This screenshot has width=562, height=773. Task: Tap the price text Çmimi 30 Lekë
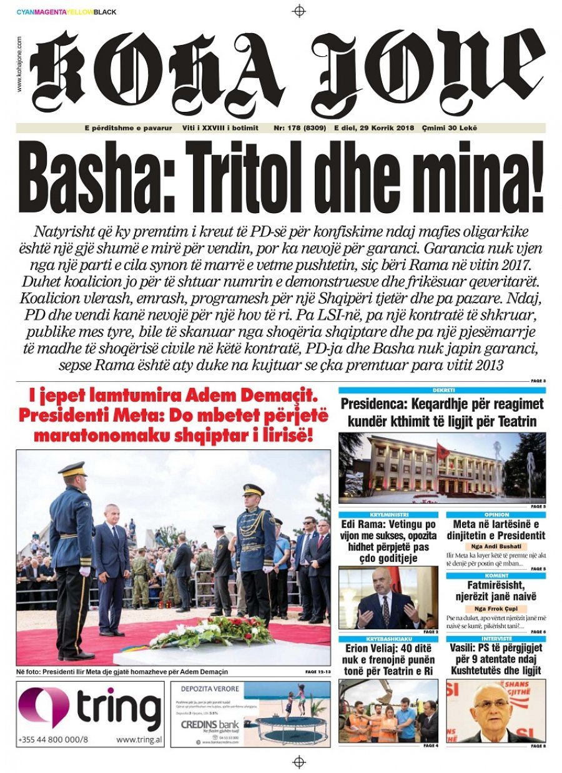[x=450, y=127]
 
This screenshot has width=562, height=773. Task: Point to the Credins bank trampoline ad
[x=250, y=714]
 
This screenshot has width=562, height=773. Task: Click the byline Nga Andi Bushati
[x=496, y=546]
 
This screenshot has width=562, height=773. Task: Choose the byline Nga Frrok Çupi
[x=496, y=609]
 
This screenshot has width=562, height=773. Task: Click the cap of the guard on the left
[x=72, y=469]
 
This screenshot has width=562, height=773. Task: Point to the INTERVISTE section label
[x=496, y=639]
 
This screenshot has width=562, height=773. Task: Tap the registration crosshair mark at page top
[x=299, y=11]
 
